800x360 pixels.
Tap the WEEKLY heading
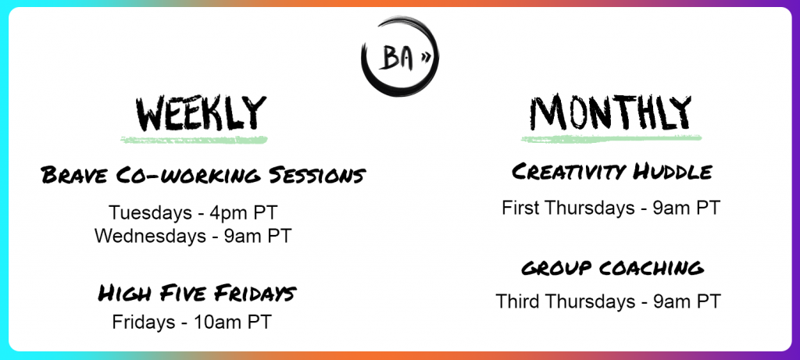pyautogui.click(x=201, y=113)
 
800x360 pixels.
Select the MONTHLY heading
pyautogui.click(x=610, y=112)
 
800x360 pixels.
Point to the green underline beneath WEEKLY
pyautogui.click(x=194, y=139)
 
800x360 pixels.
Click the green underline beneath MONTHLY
pyautogui.click(x=611, y=138)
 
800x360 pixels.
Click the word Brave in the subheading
pyautogui.click(x=74, y=176)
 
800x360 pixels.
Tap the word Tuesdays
pyautogui.click(x=150, y=212)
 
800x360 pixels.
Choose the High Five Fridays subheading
pyautogui.click(x=197, y=293)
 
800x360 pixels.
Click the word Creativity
pyautogui.click(x=570, y=172)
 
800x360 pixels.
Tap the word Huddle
pyautogui.click(x=672, y=172)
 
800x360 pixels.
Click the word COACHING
pyautogui.click(x=650, y=268)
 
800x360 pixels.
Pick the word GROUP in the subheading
pyautogui.click(x=556, y=269)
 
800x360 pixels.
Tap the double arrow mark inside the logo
pyautogui.click(x=425, y=59)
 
